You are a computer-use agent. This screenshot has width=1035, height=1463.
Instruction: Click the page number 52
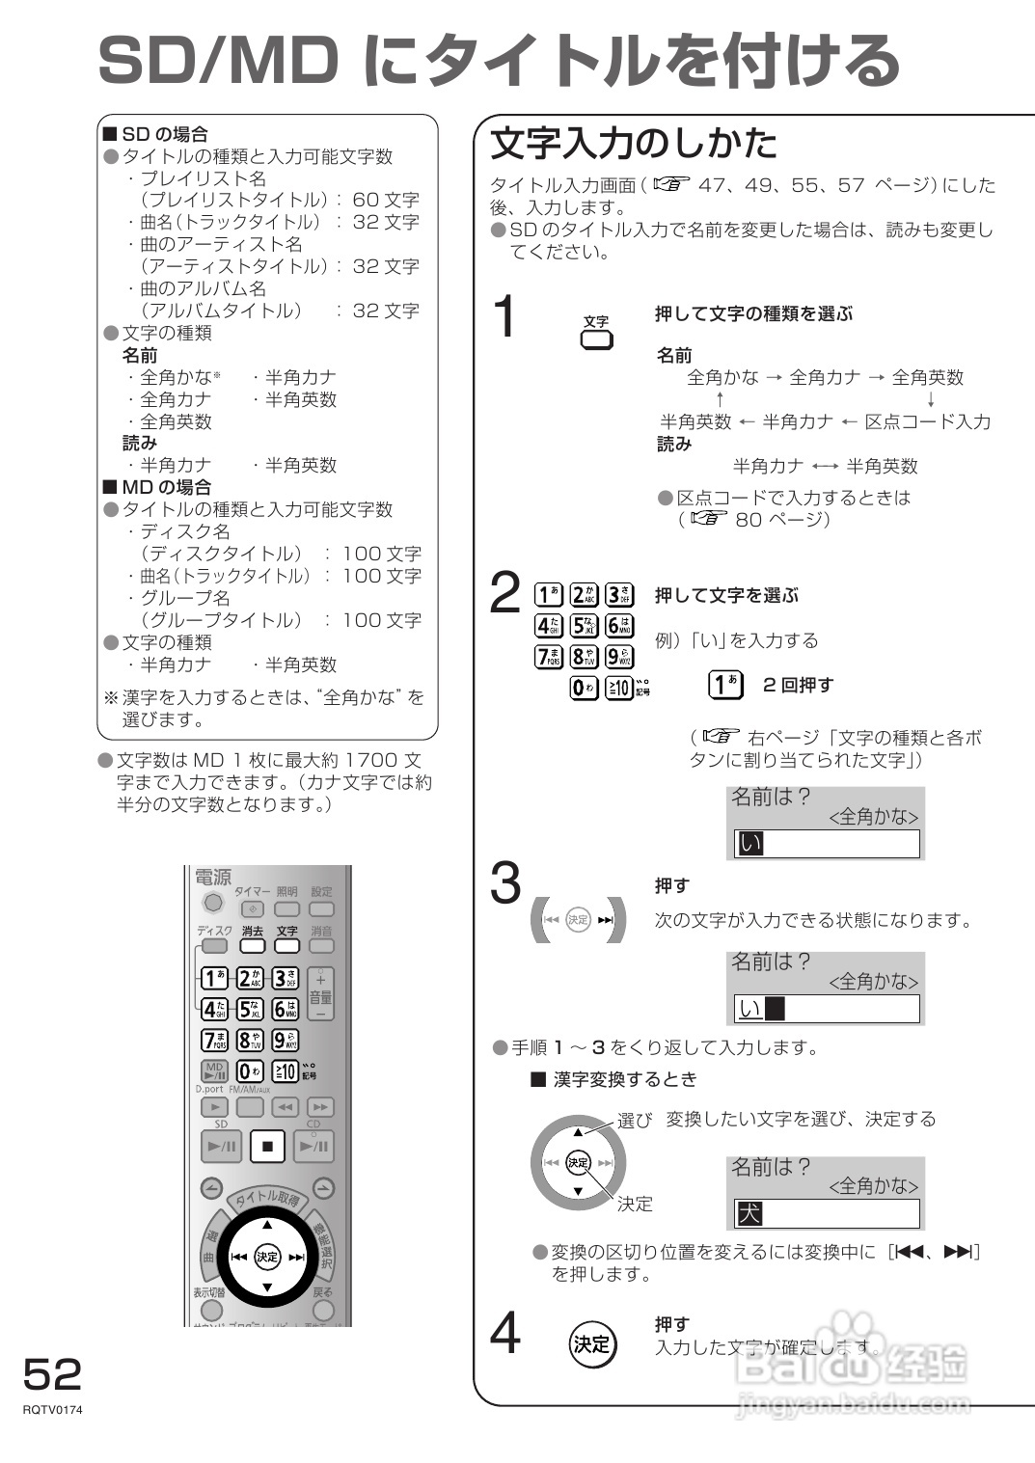click(x=53, y=1373)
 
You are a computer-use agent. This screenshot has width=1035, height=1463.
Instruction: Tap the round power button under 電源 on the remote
click(x=213, y=903)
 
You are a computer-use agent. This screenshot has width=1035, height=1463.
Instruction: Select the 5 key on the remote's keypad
click(x=250, y=1010)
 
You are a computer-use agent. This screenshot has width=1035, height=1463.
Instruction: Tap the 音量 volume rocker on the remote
click(x=320, y=994)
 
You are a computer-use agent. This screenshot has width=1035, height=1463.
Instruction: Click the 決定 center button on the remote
click(x=267, y=1257)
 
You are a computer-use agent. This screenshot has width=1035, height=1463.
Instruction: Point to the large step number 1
click(x=504, y=317)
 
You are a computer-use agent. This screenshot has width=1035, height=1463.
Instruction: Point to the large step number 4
click(x=505, y=1335)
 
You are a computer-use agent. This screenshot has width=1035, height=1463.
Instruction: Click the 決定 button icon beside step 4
click(x=591, y=1343)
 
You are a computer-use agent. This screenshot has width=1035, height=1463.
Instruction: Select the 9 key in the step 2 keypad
click(x=618, y=657)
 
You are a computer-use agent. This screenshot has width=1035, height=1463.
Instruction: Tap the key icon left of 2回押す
click(x=725, y=685)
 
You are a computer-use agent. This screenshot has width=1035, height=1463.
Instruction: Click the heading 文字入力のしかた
click(x=633, y=144)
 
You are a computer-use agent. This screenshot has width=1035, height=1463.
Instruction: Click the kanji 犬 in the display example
click(x=749, y=1213)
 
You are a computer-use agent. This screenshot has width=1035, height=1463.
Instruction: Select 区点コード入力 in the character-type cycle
click(x=927, y=421)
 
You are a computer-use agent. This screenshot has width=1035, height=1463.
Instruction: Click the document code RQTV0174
click(x=53, y=1410)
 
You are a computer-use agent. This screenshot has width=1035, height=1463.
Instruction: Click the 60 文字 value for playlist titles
click(x=386, y=200)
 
